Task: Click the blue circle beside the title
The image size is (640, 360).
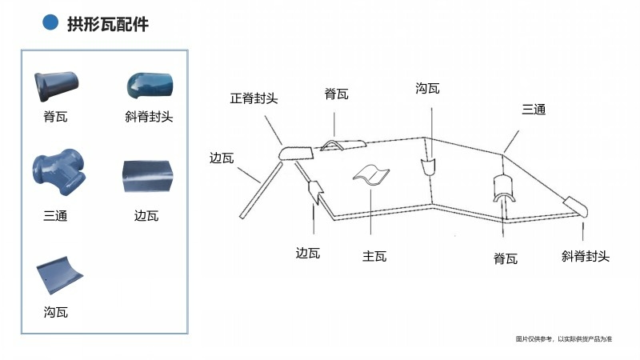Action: [50, 23]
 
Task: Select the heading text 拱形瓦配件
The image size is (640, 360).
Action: [108, 24]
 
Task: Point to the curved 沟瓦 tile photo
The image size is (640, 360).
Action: [57, 274]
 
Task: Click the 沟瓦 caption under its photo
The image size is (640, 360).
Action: [56, 312]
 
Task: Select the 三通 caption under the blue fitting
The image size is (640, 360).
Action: [55, 215]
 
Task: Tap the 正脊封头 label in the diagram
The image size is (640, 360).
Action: [254, 98]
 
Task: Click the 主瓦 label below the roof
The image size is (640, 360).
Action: [374, 256]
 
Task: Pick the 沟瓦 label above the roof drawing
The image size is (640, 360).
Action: [428, 88]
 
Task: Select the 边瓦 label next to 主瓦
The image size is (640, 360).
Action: [308, 254]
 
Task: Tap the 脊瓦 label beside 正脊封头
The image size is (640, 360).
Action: [336, 94]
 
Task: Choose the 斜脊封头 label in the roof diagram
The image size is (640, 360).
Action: [586, 256]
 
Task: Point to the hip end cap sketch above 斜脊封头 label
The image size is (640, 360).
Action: [576, 206]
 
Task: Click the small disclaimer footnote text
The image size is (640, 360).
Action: [564, 339]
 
